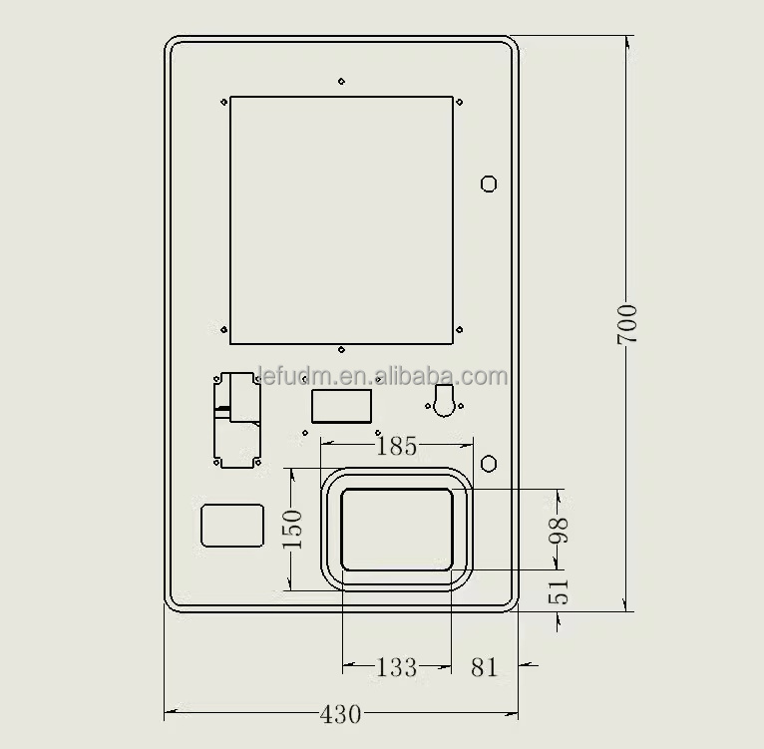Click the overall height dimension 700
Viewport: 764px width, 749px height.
(x=626, y=324)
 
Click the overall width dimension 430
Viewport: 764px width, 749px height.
(x=341, y=714)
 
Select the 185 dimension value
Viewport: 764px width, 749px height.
(x=397, y=446)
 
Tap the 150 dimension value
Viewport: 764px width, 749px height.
(x=292, y=530)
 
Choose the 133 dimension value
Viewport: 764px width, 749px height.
(x=396, y=667)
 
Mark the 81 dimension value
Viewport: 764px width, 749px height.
(x=484, y=667)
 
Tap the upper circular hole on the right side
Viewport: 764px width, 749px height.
(x=489, y=183)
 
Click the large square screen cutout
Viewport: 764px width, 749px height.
(x=341, y=219)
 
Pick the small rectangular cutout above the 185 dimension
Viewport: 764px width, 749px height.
(x=342, y=406)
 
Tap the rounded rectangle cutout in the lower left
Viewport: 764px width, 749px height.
(x=232, y=526)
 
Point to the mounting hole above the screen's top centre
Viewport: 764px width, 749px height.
(x=341, y=81)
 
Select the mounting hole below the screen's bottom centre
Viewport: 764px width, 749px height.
(x=341, y=351)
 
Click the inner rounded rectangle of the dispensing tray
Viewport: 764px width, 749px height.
(x=397, y=530)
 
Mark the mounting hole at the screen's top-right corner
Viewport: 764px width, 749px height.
(x=459, y=102)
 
